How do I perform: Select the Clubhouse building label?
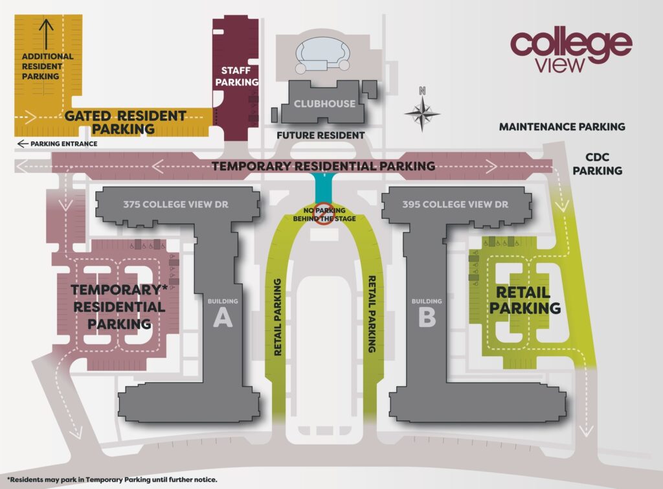pyautogui.click(x=324, y=103)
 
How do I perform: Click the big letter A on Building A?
pyautogui.click(x=223, y=319)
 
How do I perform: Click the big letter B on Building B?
pyautogui.click(x=427, y=319)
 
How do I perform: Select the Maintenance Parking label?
pyautogui.click(x=561, y=127)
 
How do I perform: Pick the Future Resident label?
pyautogui.click(x=320, y=135)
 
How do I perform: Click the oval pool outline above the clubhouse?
pyautogui.click(x=322, y=54)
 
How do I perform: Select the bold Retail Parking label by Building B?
pyautogui.click(x=524, y=301)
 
